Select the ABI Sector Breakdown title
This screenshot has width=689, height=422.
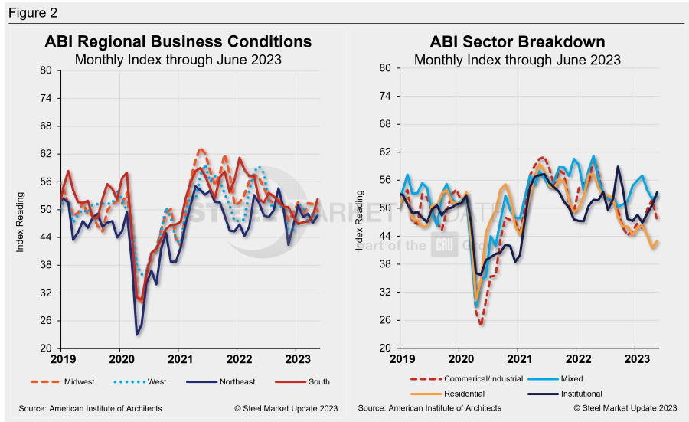click(x=518, y=41)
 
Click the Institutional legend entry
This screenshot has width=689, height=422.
click(x=582, y=393)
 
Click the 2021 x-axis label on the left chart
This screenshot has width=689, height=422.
click(x=180, y=359)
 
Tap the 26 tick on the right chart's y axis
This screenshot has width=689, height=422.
click(x=386, y=320)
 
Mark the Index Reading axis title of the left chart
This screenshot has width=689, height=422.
click(x=23, y=209)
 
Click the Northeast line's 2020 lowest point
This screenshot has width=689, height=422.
click(x=137, y=334)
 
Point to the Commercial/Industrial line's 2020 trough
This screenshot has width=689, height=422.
click(x=481, y=325)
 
